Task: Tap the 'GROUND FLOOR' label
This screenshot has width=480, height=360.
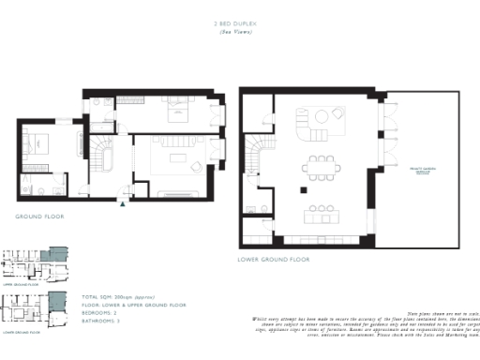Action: coord(38,217)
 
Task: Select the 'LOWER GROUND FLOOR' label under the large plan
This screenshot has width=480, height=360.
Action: coord(274,258)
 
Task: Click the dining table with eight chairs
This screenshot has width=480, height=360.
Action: coord(321,169)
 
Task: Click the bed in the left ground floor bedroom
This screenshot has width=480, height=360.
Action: coord(41,144)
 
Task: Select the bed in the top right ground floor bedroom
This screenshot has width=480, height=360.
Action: coord(176,110)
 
